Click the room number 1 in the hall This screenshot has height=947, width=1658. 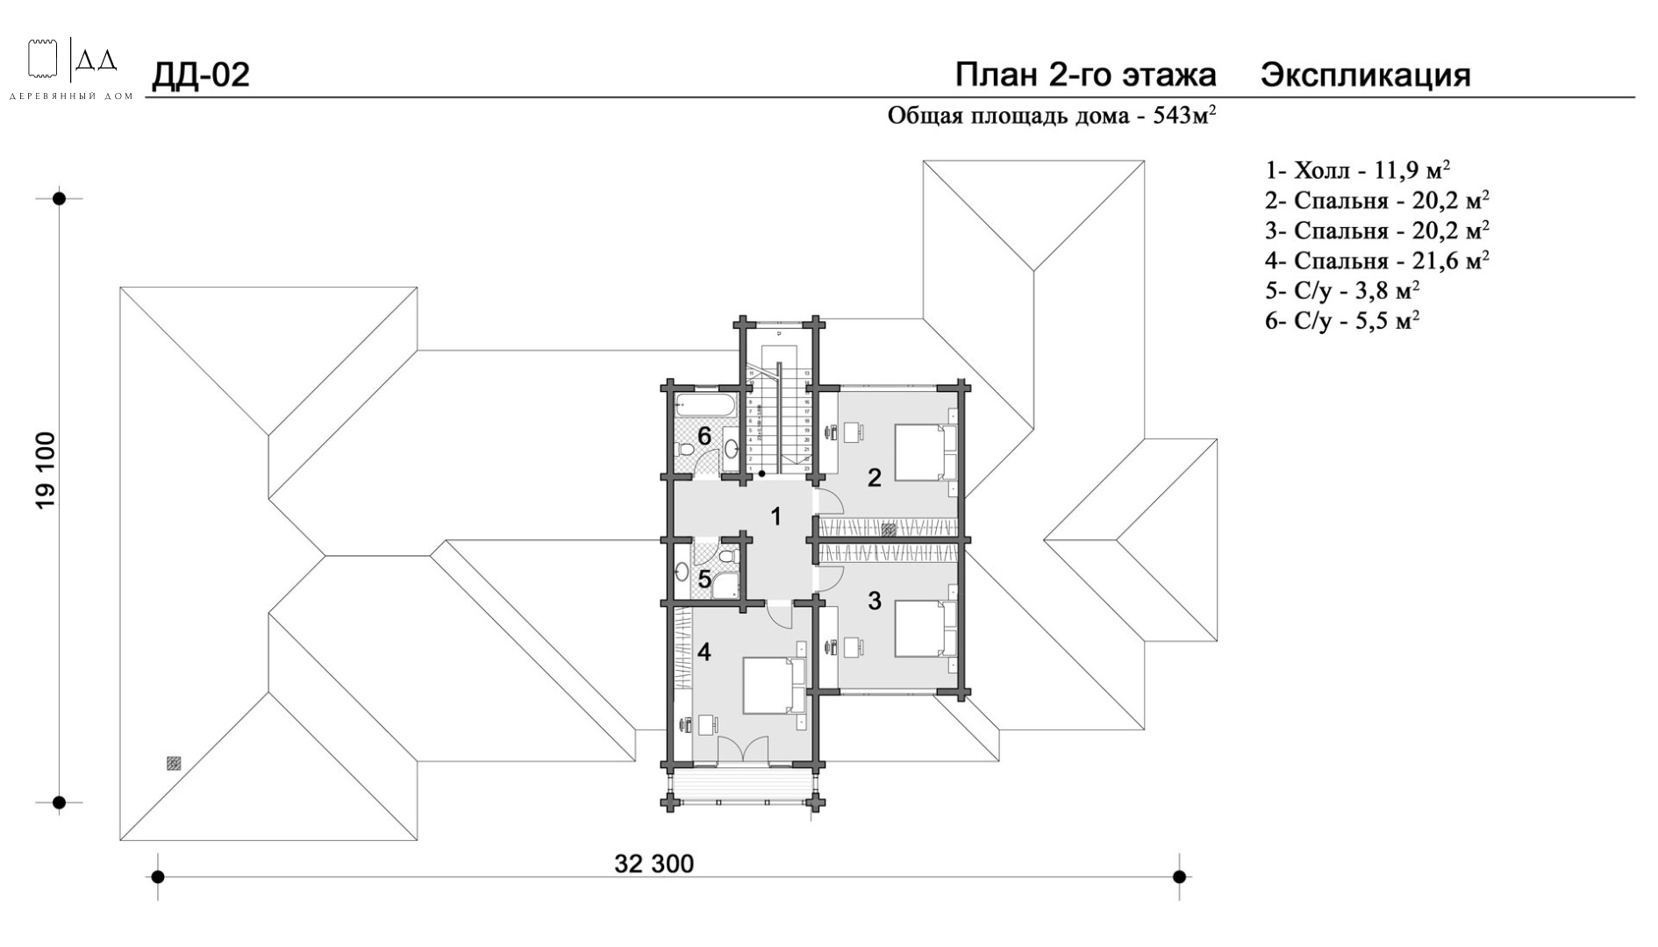[775, 516]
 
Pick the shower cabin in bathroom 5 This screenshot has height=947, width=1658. [725, 585]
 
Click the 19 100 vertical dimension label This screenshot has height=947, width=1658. [45, 470]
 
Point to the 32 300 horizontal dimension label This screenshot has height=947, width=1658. [654, 865]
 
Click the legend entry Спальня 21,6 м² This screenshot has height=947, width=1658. [1376, 260]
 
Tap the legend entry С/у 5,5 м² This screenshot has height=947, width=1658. [1342, 321]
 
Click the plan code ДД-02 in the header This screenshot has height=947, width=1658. [201, 75]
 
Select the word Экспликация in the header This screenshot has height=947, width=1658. [1365, 75]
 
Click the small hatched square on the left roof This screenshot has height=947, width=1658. [174, 764]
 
